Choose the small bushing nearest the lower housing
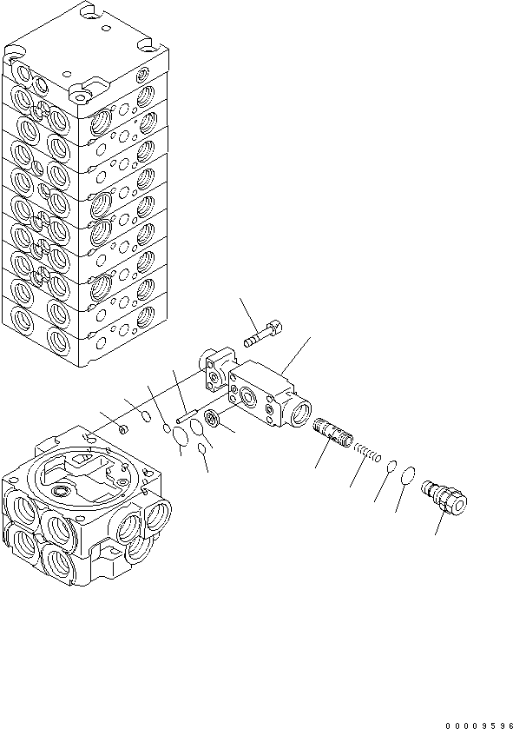[122, 429]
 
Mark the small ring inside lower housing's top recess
[62, 493]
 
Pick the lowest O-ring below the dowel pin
[202, 448]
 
